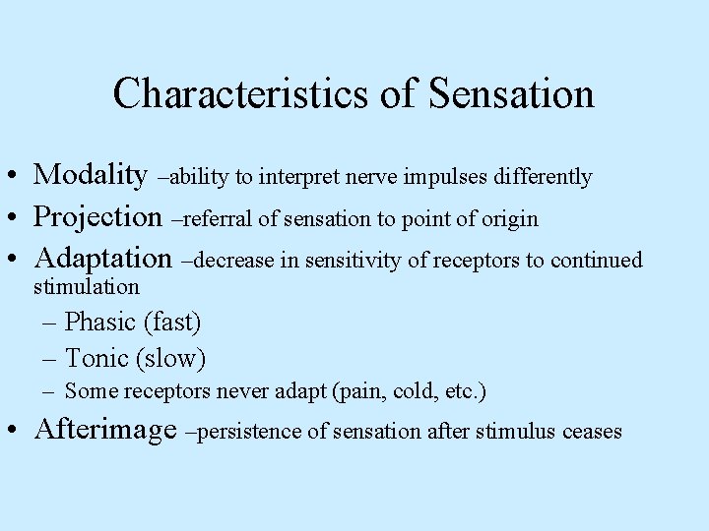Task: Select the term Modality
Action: click(90, 175)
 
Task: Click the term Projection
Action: click(97, 217)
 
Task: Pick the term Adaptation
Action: click(102, 260)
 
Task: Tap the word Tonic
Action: click(96, 358)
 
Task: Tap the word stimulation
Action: click(87, 287)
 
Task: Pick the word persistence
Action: click(252, 432)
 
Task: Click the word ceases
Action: click(592, 432)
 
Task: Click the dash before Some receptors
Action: click(48, 391)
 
